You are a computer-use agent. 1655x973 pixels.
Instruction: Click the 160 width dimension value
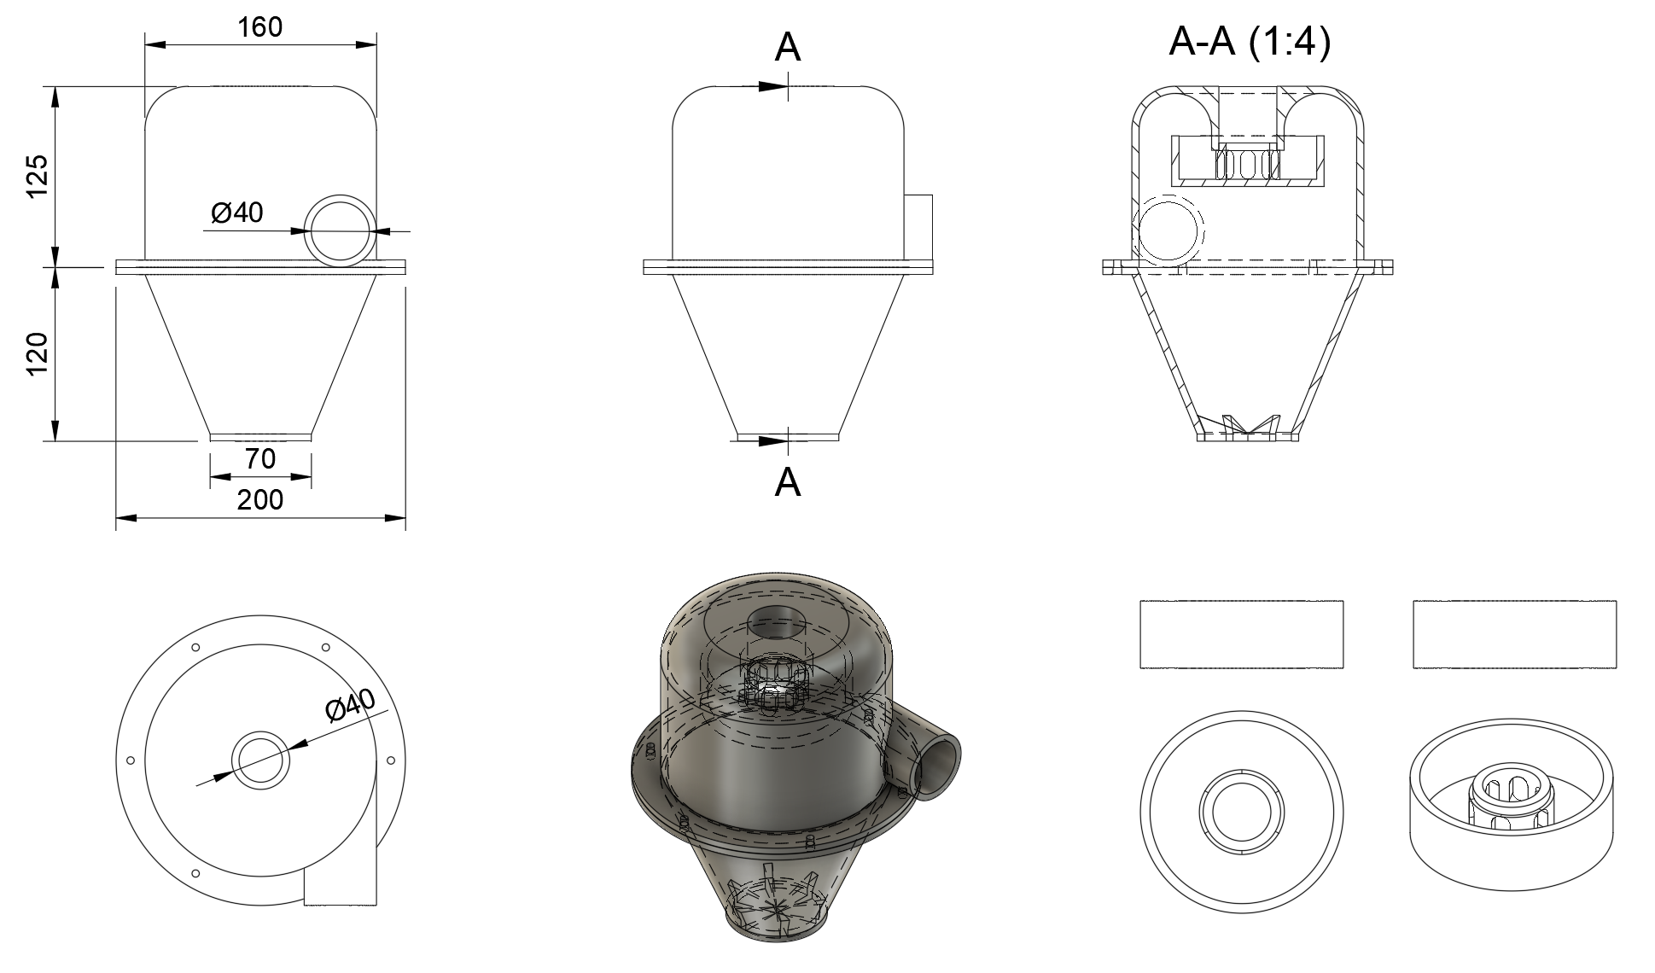point(260,27)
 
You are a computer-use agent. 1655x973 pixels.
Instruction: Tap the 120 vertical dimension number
point(38,354)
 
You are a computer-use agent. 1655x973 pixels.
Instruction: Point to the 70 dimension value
point(260,459)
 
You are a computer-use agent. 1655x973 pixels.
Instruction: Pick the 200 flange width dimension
point(260,499)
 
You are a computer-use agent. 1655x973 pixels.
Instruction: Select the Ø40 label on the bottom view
point(351,705)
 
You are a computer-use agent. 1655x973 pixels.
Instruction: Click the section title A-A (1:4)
point(1250,42)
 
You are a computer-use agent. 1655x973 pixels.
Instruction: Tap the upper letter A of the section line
point(788,48)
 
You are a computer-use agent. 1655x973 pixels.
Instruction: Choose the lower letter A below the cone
point(788,483)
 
